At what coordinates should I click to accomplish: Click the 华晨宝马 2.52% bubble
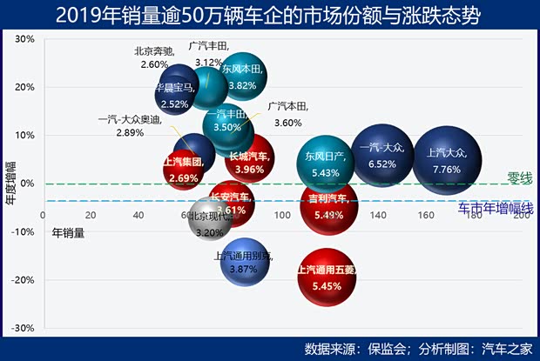tap(174, 92)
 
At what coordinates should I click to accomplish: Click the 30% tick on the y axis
tap(24, 39)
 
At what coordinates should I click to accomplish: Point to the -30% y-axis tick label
tap(22, 328)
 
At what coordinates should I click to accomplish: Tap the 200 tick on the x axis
tap(520, 216)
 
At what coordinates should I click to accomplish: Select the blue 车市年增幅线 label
tap(496, 208)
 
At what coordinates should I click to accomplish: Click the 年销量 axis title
tap(69, 232)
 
